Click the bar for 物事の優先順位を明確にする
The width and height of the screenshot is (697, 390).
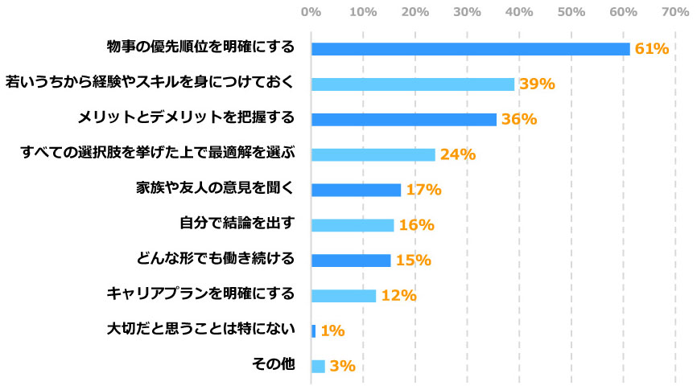coord(470,49)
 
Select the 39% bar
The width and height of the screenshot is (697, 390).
coord(412,84)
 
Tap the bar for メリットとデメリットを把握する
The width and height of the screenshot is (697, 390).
coord(403,120)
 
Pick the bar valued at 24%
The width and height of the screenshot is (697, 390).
coord(373,154)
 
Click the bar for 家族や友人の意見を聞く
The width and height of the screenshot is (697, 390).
coord(355,190)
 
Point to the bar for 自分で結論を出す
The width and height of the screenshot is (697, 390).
coord(352,225)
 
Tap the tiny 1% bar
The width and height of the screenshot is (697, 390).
coord(313,330)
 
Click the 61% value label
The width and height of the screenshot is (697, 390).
coord(651,49)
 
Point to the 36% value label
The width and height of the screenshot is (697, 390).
coord(518,120)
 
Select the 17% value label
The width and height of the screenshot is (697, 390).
coord(423,190)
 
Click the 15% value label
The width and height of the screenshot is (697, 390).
coord(413,261)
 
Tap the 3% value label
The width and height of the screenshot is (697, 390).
coord(342,366)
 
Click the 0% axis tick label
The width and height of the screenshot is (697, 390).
coord(311,12)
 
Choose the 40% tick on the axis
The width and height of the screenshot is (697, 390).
coord(518,12)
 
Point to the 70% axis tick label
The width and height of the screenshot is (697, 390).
coord(674,12)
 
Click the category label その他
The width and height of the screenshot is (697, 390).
coord(274,365)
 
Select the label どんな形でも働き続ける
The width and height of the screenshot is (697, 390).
coord(216,260)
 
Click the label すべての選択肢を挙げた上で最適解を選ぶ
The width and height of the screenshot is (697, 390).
coord(158,154)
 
